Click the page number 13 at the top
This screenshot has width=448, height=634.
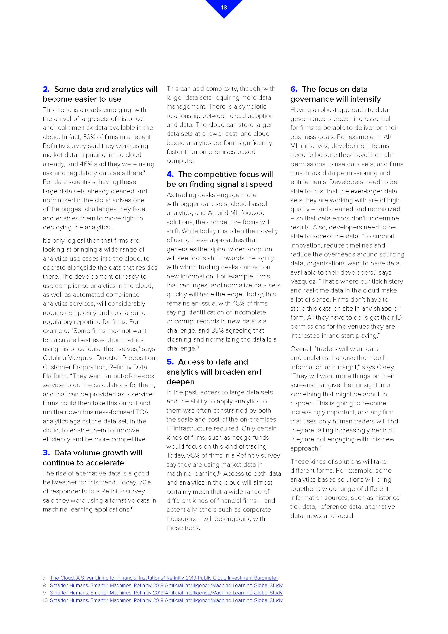(x=224, y=8)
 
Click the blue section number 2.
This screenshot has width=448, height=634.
(x=46, y=89)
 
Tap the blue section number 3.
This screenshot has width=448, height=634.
(x=46, y=453)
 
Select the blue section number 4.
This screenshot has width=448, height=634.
(x=170, y=174)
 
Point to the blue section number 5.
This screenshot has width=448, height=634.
(x=170, y=362)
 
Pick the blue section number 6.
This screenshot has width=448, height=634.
(x=294, y=89)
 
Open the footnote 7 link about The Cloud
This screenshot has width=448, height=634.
(x=164, y=578)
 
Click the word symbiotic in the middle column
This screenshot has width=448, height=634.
(x=253, y=107)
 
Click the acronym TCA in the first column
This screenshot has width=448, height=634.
(x=142, y=412)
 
